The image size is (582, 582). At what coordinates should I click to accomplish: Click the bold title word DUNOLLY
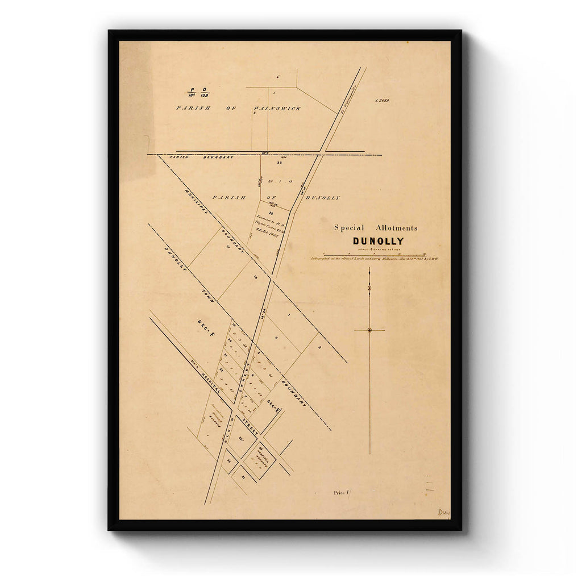[378, 241]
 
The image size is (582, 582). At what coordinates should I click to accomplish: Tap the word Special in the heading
[349, 228]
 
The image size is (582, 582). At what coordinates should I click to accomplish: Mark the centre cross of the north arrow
[369, 330]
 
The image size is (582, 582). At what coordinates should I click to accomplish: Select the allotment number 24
[279, 163]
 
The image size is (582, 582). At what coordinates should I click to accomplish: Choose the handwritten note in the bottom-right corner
[443, 513]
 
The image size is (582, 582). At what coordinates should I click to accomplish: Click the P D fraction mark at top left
[198, 92]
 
